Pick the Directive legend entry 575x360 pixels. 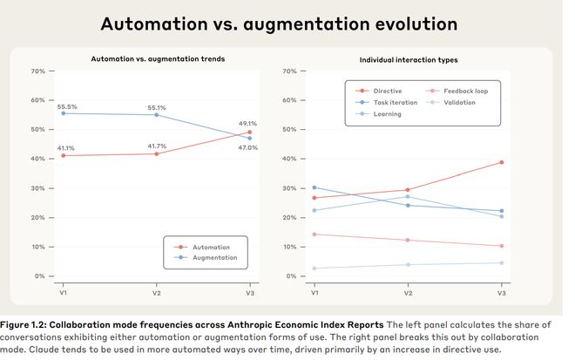[x=388, y=90]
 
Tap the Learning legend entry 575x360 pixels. [x=387, y=114]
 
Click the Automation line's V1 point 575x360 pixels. [x=62, y=155]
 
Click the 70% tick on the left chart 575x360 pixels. [x=38, y=71]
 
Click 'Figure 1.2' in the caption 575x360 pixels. [x=28, y=324]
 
